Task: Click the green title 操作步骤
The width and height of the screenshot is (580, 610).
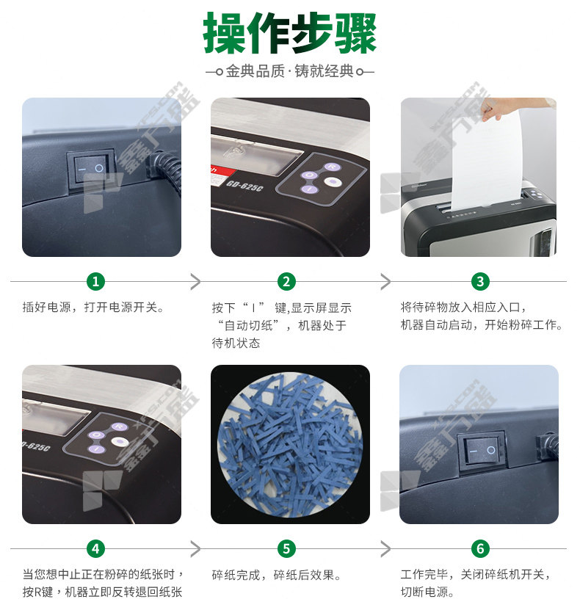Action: pos(289,33)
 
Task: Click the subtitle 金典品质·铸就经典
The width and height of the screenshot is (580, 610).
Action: pos(290,72)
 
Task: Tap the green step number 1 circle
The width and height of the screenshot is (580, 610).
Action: pos(95,281)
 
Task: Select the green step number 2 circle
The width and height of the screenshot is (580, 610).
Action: pos(286,281)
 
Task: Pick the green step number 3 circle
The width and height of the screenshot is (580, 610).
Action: pos(480,281)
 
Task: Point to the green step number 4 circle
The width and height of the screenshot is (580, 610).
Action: pos(95,548)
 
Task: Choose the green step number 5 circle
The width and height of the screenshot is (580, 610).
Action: pos(286,548)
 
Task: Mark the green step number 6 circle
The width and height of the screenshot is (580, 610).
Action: pos(480,548)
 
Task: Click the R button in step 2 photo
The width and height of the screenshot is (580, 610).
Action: pos(332,167)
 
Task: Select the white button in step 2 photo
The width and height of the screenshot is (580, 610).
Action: pos(332,181)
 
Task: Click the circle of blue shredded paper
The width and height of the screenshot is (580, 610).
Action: pos(290,445)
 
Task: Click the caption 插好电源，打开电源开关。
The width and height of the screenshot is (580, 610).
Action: pos(93,308)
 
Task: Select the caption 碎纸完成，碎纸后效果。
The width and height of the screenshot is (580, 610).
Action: pos(277,575)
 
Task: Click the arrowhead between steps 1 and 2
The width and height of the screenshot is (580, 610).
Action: pos(196,281)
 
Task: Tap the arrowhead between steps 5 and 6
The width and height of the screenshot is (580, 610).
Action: pos(385,548)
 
